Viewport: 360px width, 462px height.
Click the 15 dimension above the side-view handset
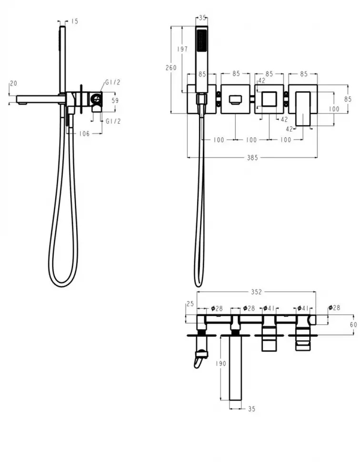(75, 21)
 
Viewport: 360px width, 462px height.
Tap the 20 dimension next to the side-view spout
(13, 83)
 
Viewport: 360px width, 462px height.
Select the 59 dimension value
(115, 100)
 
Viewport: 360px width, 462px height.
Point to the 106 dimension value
(84, 134)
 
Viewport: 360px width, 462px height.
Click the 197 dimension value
(182, 49)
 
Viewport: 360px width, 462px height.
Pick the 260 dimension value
(171, 68)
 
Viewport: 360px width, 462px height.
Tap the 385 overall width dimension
(252, 158)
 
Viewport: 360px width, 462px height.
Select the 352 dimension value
(256, 291)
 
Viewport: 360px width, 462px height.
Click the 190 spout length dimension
(221, 363)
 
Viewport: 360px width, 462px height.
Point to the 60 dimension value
(353, 324)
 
